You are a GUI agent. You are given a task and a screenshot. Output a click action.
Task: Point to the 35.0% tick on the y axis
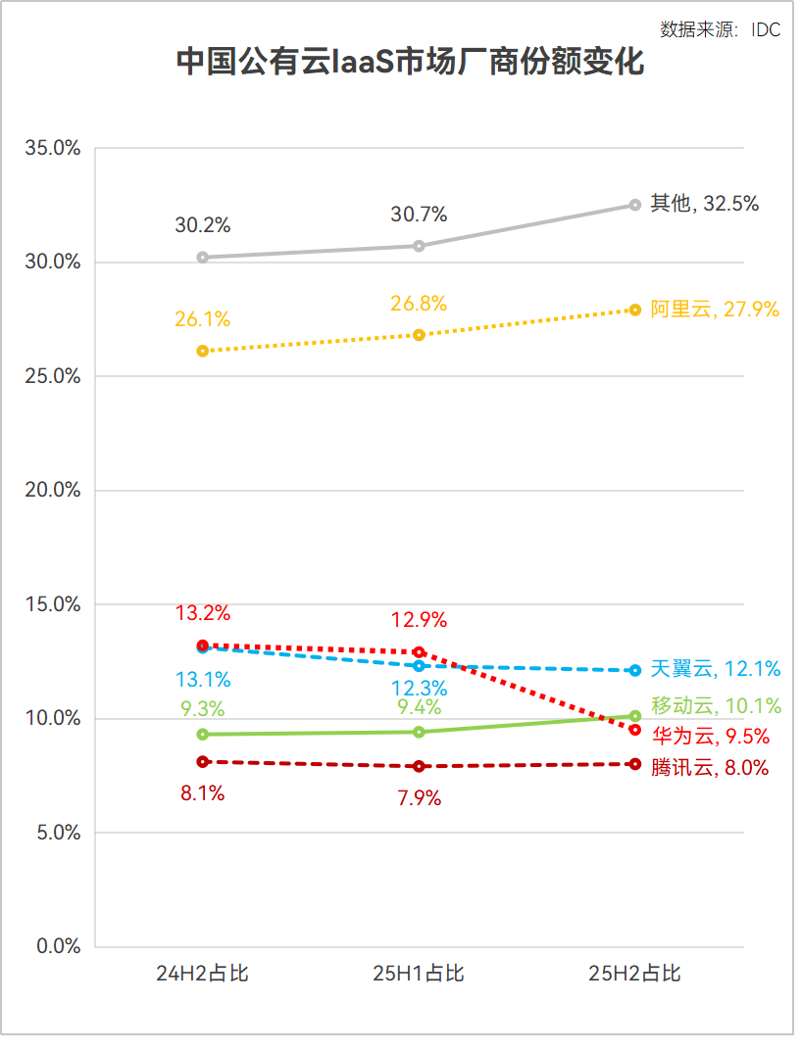point(53,149)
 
